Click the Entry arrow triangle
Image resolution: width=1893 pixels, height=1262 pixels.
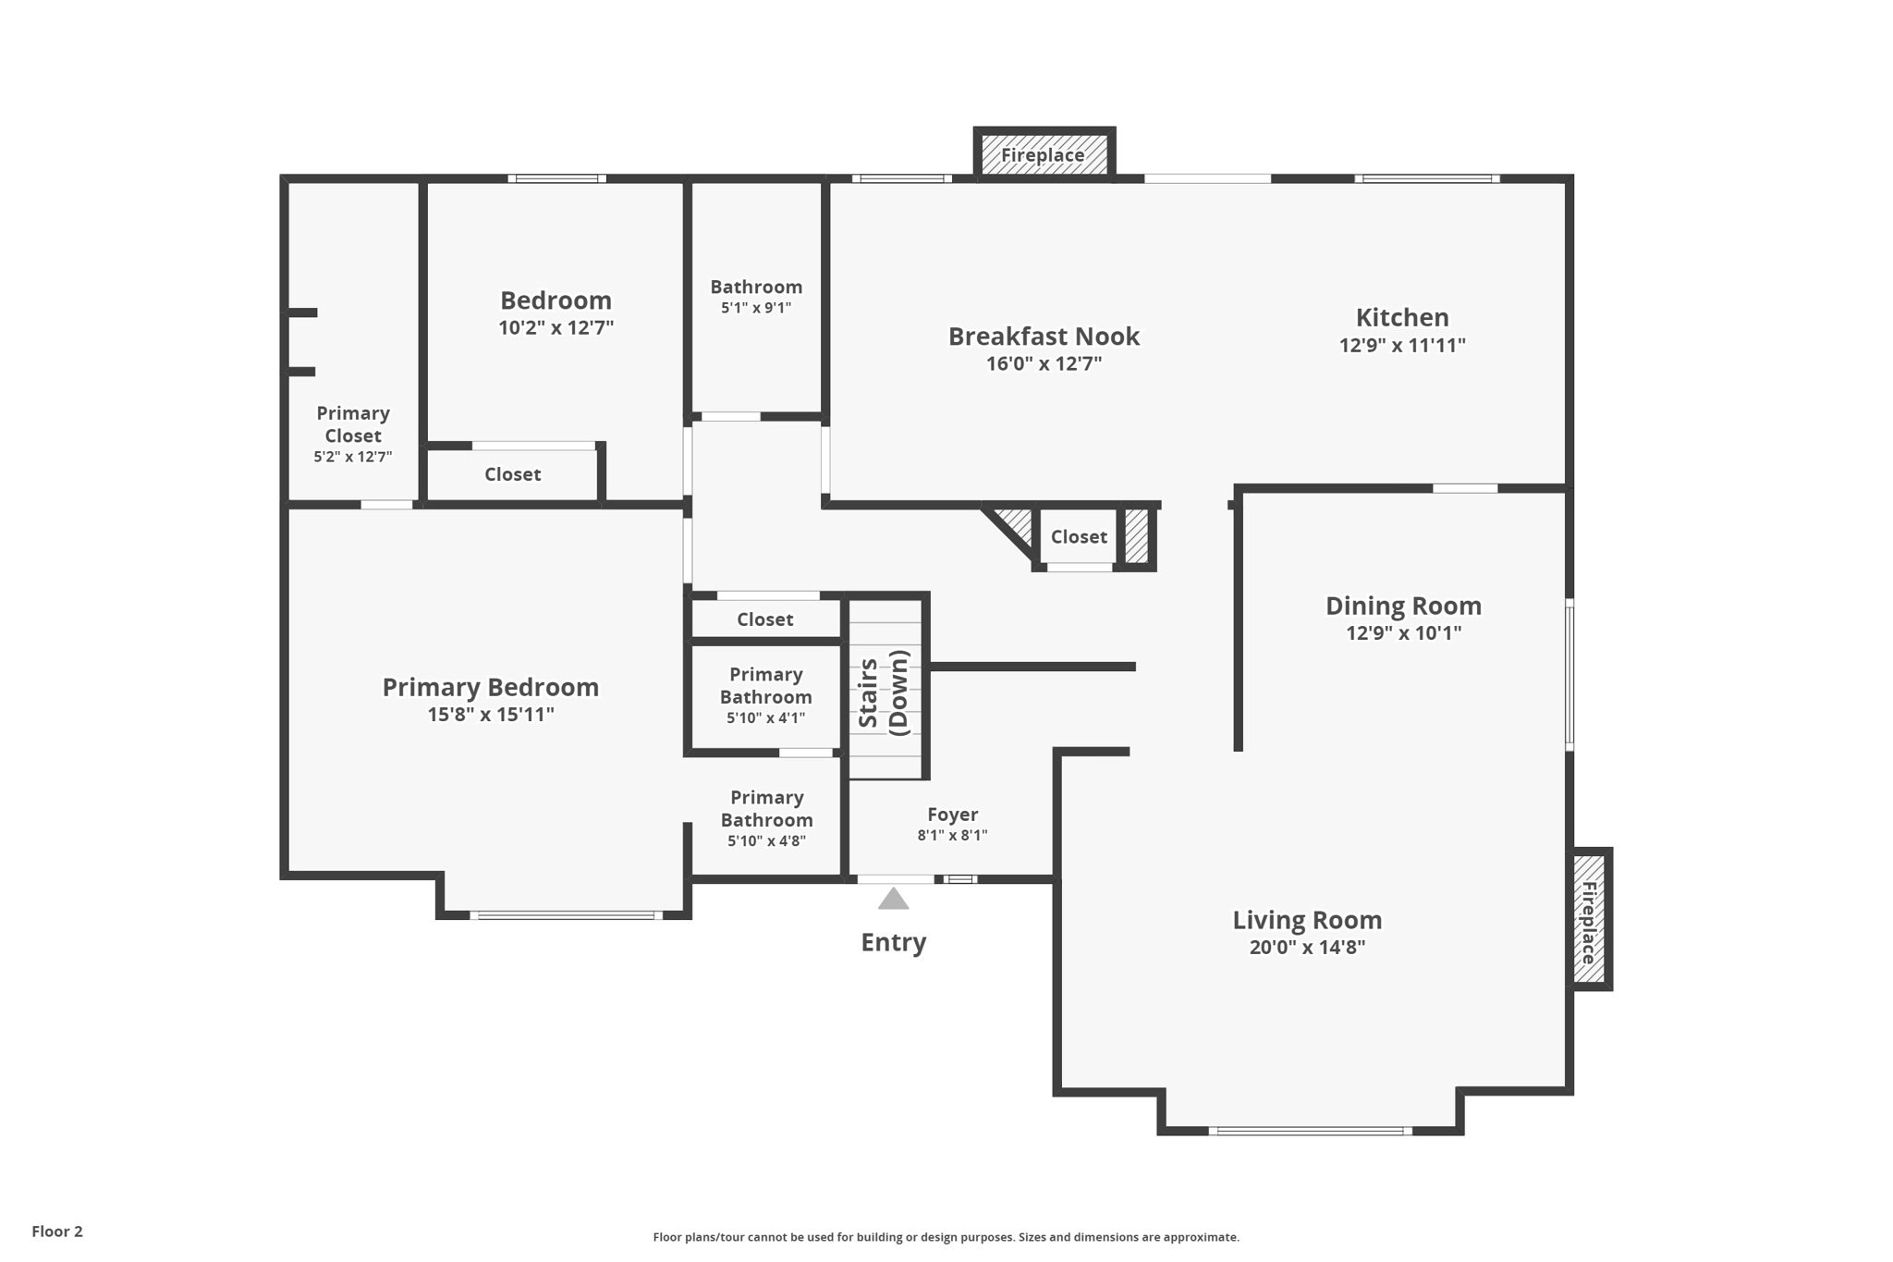pyautogui.click(x=893, y=899)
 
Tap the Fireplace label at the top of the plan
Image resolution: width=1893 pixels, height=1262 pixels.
pyautogui.click(x=1043, y=155)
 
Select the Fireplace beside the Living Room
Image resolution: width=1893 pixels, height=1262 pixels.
pyautogui.click(x=1589, y=921)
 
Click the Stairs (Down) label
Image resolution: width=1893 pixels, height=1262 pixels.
pyautogui.click(x=885, y=692)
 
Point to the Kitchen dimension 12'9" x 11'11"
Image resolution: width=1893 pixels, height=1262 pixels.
pyautogui.click(x=1402, y=346)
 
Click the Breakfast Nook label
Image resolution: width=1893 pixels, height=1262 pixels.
pyautogui.click(x=1044, y=336)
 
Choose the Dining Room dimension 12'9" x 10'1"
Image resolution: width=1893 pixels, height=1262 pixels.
pyautogui.click(x=1403, y=633)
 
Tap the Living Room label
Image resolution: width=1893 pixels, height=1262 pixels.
pyautogui.click(x=1307, y=920)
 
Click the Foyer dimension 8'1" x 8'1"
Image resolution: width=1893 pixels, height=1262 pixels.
pyautogui.click(x=952, y=835)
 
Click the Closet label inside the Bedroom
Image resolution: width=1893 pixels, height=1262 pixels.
pyautogui.click(x=512, y=474)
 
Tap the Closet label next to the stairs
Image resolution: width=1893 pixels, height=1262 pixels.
pyautogui.click(x=764, y=619)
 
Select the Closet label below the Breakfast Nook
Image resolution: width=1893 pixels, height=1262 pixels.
pyautogui.click(x=1078, y=537)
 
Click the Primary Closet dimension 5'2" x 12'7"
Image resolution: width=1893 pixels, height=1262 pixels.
pyautogui.click(x=352, y=457)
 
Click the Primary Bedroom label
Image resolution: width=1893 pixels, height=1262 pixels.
pyautogui.click(x=490, y=687)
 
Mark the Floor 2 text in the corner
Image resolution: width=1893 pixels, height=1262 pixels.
pyautogui.click(x=57, y=1231)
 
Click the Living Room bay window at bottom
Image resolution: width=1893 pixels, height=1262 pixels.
pyautogui.click(x=1310, y=1130)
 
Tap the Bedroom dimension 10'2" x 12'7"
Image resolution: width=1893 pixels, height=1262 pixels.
pyautogui.click(x=556, y=327)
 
